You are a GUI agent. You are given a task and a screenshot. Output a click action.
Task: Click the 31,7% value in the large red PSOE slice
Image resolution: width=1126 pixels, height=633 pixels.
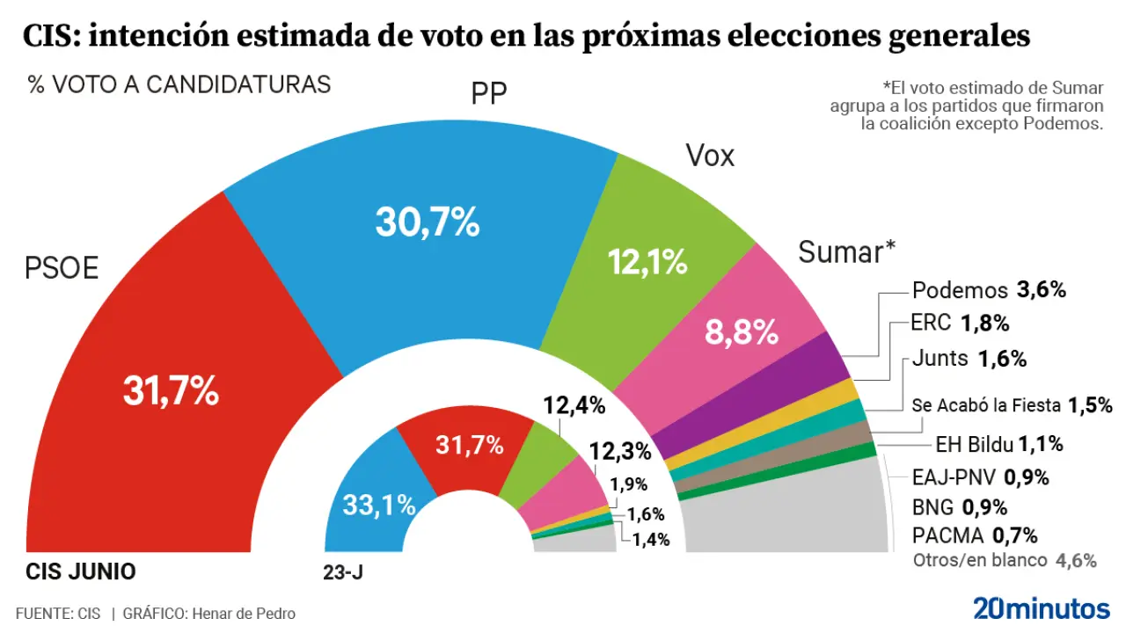(x=171, y=392)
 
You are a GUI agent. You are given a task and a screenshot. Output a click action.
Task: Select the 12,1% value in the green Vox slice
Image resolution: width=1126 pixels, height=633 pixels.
(x=647, y=260)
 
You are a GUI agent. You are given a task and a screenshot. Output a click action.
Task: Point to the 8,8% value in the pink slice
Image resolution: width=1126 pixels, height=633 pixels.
(x=742, y=332)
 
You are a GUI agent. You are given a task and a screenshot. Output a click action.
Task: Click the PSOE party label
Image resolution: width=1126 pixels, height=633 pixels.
(x=61, y=268)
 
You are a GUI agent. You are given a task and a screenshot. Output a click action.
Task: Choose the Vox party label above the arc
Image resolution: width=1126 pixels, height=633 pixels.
(x=709, y=156)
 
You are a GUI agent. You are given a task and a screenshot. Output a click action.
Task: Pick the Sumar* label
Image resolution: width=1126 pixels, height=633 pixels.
(x=846, y=252)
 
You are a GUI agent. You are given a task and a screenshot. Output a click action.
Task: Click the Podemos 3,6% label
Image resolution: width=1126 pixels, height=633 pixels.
(x=989, y=290)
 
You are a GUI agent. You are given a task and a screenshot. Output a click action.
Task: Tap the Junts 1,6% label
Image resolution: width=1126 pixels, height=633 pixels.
(x=969, y=359)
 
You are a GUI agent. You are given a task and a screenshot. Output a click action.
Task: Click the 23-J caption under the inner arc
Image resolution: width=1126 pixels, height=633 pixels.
(x=343, y=572)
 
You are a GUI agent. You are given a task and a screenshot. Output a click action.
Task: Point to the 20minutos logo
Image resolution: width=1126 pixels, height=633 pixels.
(x=1041, y=608)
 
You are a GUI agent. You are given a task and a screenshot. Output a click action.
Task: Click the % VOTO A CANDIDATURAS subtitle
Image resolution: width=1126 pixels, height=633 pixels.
(x=179, y=84)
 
